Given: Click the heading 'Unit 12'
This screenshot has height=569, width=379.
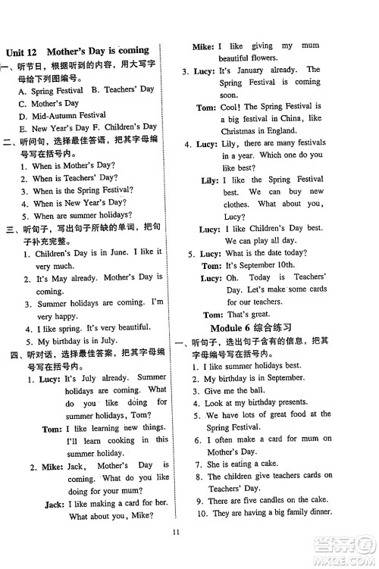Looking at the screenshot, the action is click(x=21, y=53).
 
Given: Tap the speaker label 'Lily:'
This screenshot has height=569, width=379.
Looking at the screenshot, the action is click(x=209, y=180).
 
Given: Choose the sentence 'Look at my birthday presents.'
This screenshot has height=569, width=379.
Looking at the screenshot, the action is click(x=258, y=402).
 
